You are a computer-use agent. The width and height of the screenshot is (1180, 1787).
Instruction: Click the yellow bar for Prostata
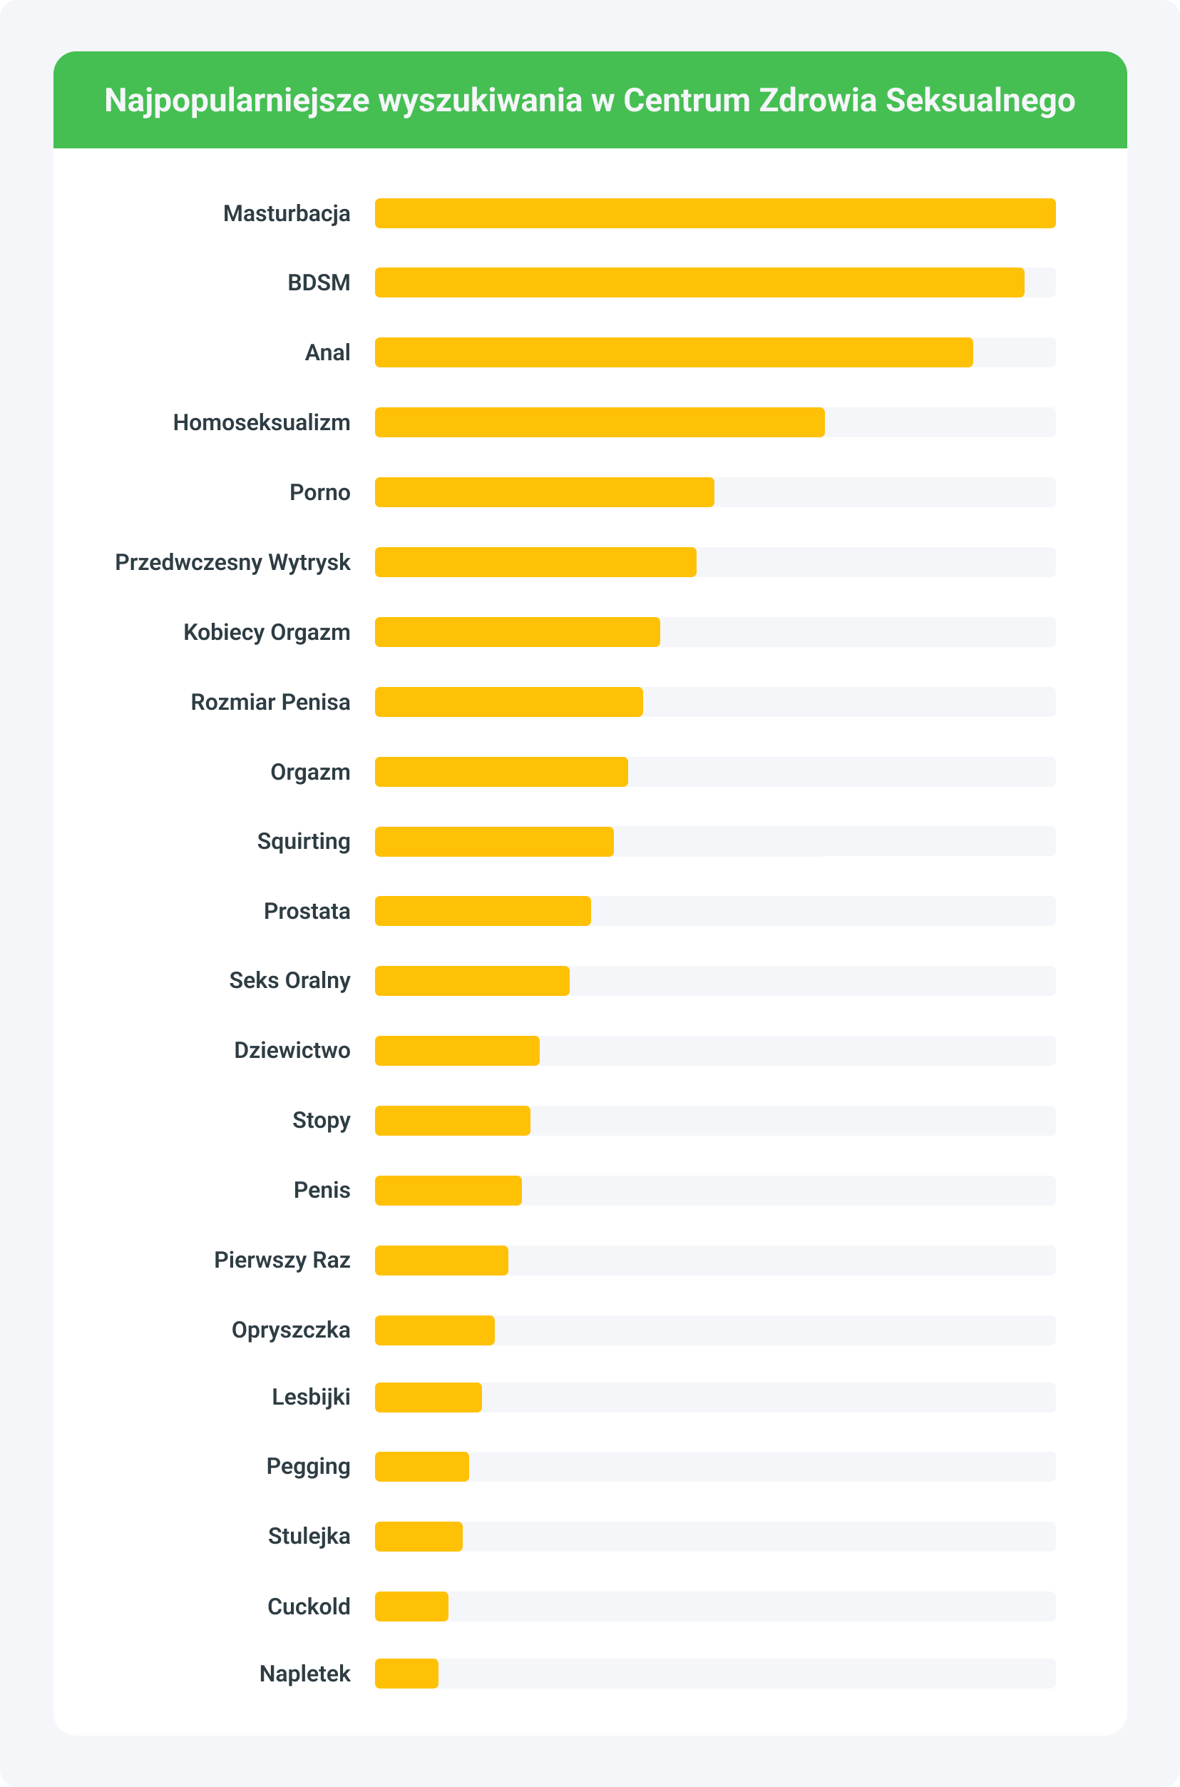coord(483,911)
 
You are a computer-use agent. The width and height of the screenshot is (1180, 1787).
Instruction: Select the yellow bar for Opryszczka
coord(434,1330)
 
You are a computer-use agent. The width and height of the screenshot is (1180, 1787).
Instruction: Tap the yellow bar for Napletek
coord(406,1674)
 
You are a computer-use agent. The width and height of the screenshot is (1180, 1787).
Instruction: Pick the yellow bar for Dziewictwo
coord(457,1051)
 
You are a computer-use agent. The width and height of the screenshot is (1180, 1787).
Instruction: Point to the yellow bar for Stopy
coord(452,1121)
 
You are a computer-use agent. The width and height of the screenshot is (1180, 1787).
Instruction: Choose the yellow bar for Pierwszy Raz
coord(441,1260)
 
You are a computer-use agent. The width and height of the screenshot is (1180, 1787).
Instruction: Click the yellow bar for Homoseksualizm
coord(599,422)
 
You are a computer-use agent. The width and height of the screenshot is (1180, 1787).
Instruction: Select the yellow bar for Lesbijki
coord(428,1397)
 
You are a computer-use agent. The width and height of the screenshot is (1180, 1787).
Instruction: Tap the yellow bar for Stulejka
coord(419,1537)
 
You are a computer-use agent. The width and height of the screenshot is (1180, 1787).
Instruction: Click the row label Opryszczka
coord(290,1330)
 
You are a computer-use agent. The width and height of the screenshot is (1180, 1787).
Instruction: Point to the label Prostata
coord(307,911)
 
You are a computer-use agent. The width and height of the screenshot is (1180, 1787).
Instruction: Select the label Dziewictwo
coord(292,1051)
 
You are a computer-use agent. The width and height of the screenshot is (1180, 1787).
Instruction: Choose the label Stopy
coord(321,1121)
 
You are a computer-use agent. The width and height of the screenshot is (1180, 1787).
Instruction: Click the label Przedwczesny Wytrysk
coord(232,562)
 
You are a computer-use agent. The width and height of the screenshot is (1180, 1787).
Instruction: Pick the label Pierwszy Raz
coord(282,1260)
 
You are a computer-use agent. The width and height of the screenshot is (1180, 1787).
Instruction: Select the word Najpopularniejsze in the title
coord(236,100)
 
